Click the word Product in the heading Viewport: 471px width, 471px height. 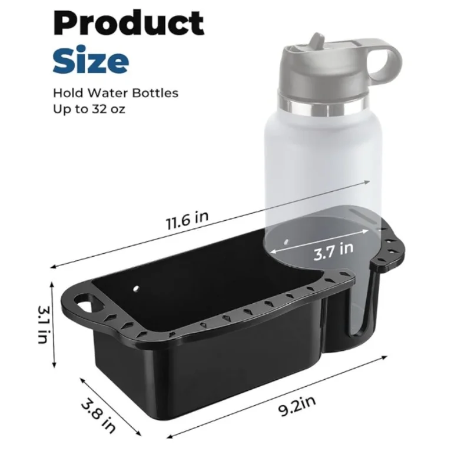tap(129, 24)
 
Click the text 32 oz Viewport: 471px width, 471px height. tap(109, 109)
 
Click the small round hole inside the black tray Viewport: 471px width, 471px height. tap(137, 289)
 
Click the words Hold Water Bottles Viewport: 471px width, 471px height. tap(115, 93)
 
